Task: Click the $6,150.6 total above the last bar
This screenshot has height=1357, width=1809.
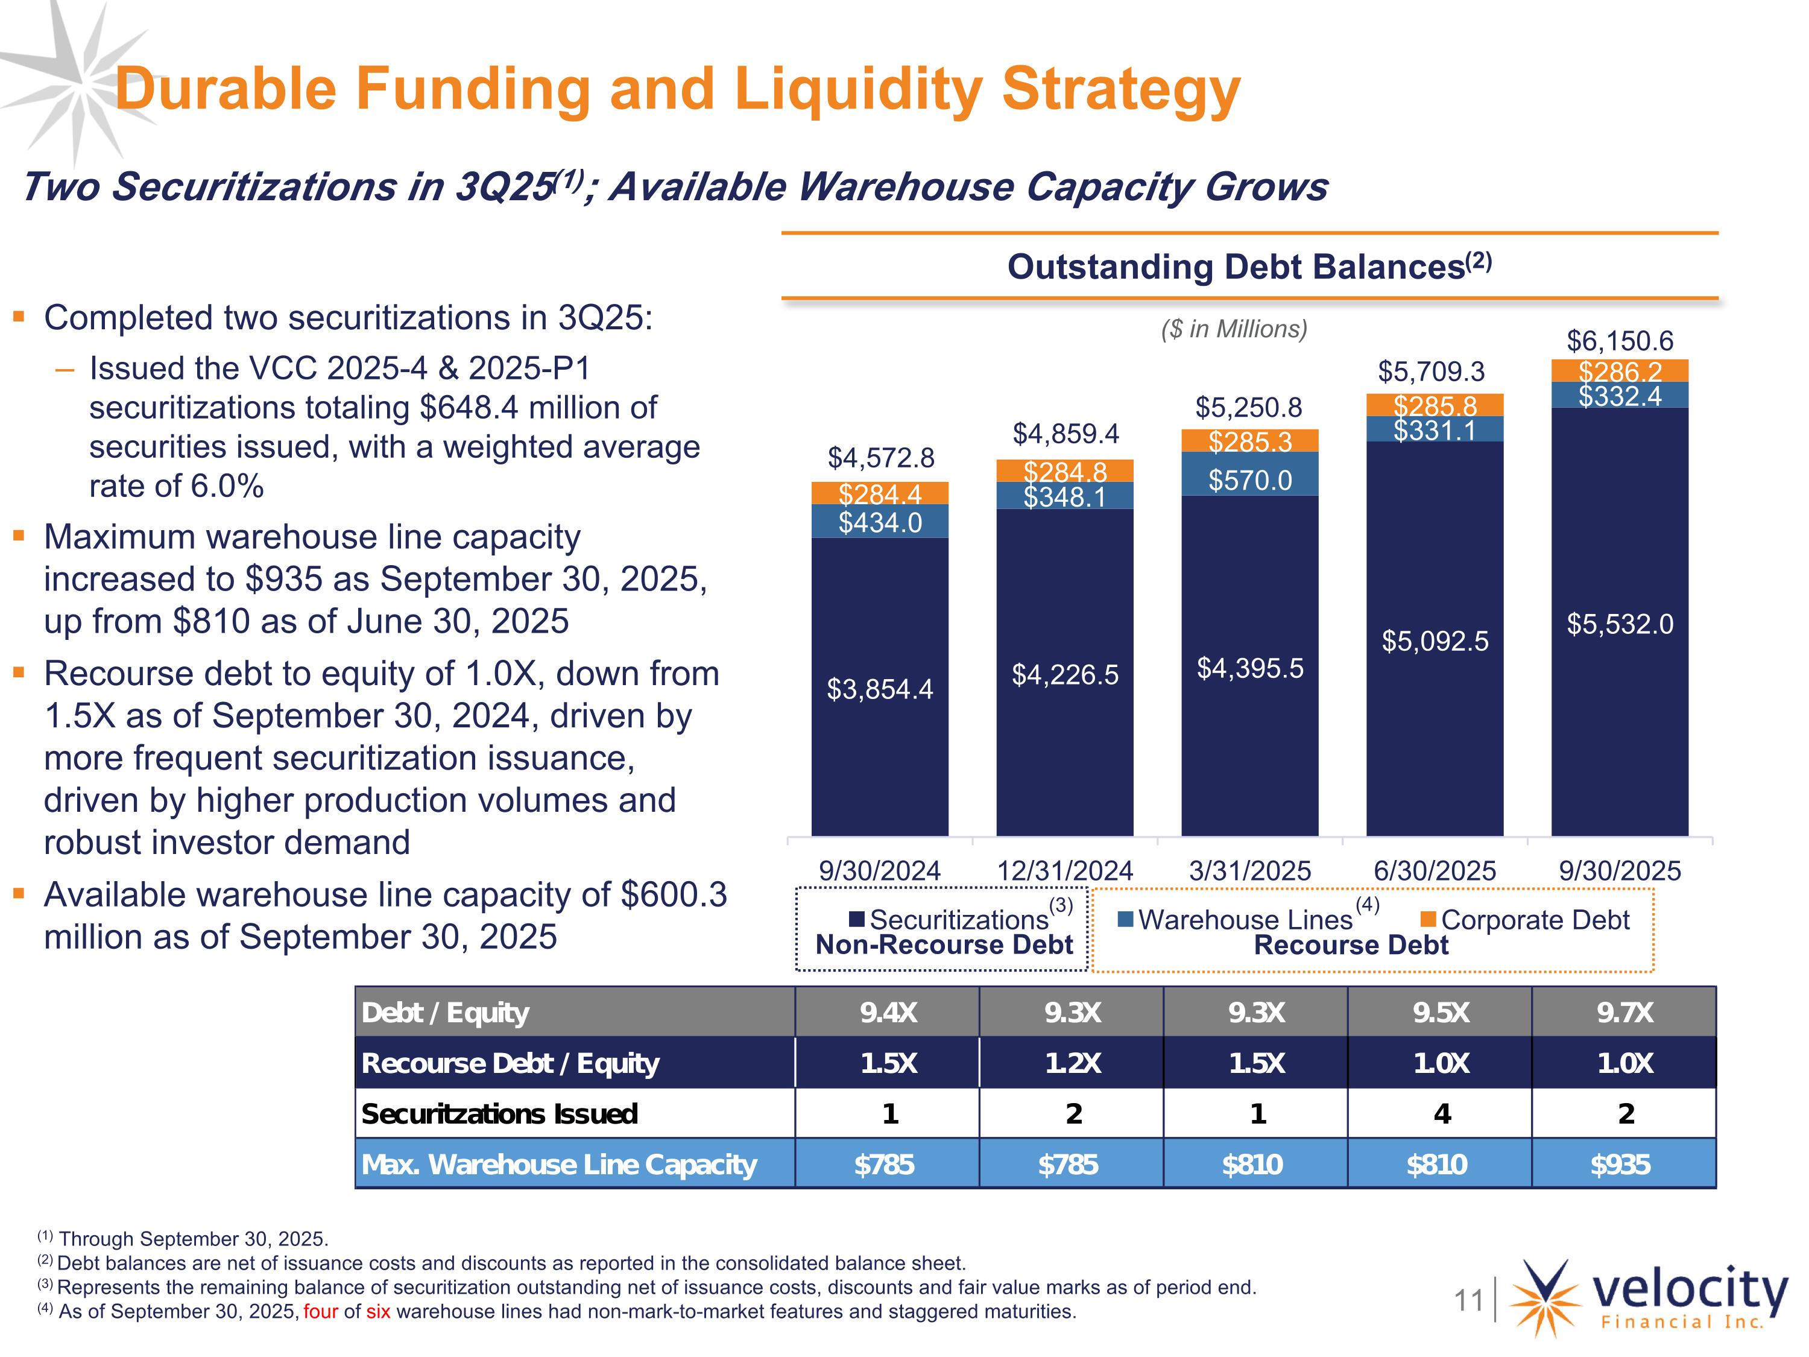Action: pyautogui.click(x=1619, y=341)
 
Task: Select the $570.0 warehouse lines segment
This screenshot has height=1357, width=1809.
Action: pyautogui.click(x=1249, y=479)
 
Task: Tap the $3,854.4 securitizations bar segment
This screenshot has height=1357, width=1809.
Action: pyautogui.click(x=879, y=689)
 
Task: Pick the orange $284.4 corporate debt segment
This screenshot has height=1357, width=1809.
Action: pyautogui.click(x=879, y=493)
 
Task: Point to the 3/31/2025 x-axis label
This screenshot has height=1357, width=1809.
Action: pyautogui.click(x=1249, y=870)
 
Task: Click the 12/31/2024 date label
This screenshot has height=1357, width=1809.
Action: pyautogui.click(x=1065, y=870)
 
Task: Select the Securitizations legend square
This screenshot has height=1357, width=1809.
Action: pyautogui.click(x=856, y=919)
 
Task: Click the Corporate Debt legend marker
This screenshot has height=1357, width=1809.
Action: pyautogui.click(x=1429, y=919)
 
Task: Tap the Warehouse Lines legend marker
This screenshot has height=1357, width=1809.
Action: pyautogui.click(x=1125, y=919)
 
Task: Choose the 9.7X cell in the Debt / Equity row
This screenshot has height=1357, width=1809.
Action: pyautogui.click(x=1624, y=1013)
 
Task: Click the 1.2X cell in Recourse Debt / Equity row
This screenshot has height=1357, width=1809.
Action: pyautogui.click(x=1072, y=1063)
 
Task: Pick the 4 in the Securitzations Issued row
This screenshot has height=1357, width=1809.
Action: pyautogui.click(x=1441, y=1113)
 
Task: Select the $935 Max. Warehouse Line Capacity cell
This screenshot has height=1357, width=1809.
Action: pyautogui.click(x=1620, y=1164)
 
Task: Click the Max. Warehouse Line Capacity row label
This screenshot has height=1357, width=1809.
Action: pyautogui.click(x=560, y=1164)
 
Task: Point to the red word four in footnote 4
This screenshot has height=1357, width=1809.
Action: pyautogui.click(x=321, y=1311)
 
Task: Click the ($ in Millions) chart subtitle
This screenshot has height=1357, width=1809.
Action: pyautogui.click(x=1234, y=329)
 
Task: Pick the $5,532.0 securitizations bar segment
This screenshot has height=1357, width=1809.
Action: pyautogui.click(x=1619, y=624)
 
